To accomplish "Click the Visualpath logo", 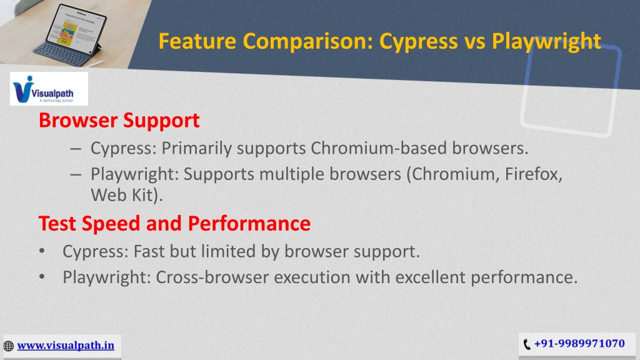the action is click(49, 89).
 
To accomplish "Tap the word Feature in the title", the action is click(197, 41).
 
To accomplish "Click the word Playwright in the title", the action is click(546, 42).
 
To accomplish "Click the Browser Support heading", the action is click(119, 121).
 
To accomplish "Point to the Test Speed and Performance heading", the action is click(174, 224).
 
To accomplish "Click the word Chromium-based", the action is click(378, 148).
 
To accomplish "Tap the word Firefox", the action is click(534, 174).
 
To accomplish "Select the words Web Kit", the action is click(124, 195).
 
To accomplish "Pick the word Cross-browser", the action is click(212, 277).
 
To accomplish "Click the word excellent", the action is click(430, 277).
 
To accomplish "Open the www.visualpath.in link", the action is click(66, 346).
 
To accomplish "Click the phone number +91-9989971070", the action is click(579, 344).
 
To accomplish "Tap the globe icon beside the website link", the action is click(9, 346).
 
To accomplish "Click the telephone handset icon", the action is click(527, 344).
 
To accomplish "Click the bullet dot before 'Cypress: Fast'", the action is click(42, 251).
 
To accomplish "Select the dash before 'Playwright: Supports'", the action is click(76, 174).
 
